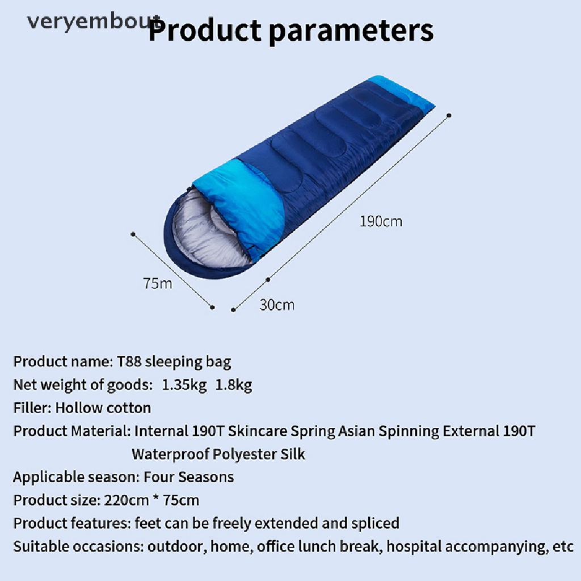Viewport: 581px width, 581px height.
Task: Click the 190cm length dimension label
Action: click(x=381, y=222)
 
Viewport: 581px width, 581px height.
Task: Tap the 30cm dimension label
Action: click(x=277, y=305)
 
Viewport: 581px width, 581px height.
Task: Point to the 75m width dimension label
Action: click(x=158, y=284)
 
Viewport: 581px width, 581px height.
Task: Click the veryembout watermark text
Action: click(x=94, y=22)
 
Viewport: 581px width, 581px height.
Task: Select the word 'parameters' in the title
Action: click(x=351, y=31)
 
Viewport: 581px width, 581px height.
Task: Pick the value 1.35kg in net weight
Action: click(x=184, y=385)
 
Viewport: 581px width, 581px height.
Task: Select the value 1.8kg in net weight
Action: click(x=233, y=385)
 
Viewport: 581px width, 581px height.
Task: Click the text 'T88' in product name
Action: click(x=129, y=361)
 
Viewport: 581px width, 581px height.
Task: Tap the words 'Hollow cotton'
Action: click(x=103, y=408)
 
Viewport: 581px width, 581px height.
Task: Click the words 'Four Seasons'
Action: click(x=188, y=477)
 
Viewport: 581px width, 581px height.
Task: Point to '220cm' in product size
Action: click(x=127, y=500)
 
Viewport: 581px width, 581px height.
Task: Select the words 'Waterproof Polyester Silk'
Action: click(x=218, y=454)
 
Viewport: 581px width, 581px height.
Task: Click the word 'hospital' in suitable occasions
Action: click(x=414, y=546)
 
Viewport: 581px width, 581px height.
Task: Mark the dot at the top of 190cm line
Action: click(x=449, y=116)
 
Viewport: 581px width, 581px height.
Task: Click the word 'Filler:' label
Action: click(x=32, y=408)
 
